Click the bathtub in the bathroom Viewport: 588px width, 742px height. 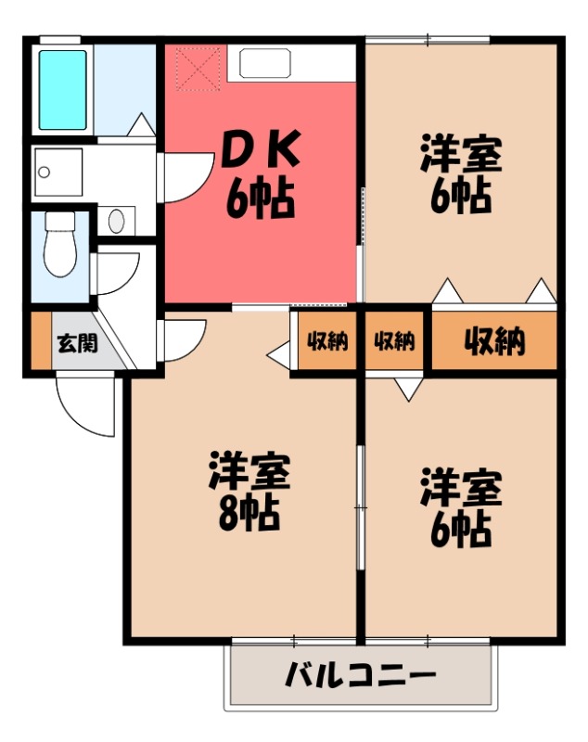pos(62,90)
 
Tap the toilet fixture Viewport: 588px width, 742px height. pos(60,244)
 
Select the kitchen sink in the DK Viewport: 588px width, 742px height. pos(265,63)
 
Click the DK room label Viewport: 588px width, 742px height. pos(261,149)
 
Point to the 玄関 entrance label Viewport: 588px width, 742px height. pos(78,343)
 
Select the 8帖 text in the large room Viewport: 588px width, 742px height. pos(249,514)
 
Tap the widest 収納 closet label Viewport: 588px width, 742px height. pos(494,341)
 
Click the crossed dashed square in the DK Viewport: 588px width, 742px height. pos(198,69)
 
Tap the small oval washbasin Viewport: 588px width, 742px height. pos(116,221)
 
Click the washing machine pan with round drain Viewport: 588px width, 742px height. pos(58,172)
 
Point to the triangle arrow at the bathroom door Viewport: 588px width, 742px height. pos(140,124)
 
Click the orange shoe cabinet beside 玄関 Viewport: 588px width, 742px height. pos(41,339)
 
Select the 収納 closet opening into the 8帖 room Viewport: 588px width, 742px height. pos(326,340)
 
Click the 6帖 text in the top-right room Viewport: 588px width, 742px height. pos(461,197)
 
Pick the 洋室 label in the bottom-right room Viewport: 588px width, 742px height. pos(461,488)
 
